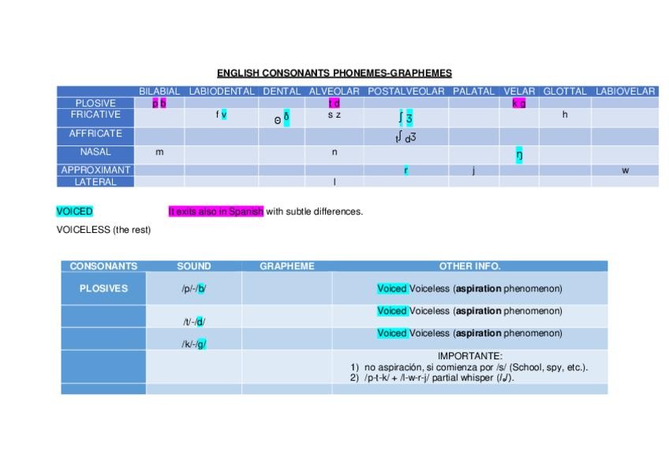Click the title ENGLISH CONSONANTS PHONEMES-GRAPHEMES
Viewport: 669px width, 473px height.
click(334, 73)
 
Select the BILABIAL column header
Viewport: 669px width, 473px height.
click(159, 92)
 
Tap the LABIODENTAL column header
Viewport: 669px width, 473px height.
click(222, 92)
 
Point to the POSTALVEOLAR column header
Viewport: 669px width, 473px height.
click(406, 92)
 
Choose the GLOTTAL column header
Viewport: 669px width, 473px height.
click(565, 92)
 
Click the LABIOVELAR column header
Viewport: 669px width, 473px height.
click(625, 92)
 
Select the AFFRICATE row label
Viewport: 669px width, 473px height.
click(95, 133)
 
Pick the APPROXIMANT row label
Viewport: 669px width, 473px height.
click(95, 170)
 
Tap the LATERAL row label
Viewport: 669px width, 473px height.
click(95, 182)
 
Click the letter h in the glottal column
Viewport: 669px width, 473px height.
click(565, 115)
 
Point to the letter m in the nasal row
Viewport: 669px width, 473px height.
click(159, 152)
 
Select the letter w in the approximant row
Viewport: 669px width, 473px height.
click(625, 171)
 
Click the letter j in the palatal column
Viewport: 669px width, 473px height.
click(473, 171)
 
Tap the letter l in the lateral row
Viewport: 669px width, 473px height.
click(334, 182)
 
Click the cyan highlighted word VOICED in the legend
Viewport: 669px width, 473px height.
click(74, 212)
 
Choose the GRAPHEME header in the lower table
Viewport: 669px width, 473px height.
click(286, 266)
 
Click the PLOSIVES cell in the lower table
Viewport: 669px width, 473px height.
click(103, 289)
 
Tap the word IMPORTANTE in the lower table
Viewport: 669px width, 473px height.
click(469, 357)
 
